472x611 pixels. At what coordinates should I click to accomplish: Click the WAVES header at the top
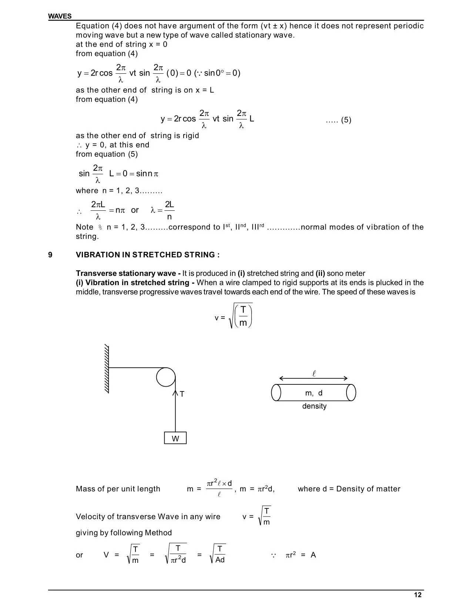[x=60, y=16]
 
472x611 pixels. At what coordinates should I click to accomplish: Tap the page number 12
[x=418, y=595]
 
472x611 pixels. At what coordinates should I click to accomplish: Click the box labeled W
[x=175, y=438]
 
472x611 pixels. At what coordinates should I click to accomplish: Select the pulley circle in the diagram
[x=165, y=377]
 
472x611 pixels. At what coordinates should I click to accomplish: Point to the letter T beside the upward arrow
[x=182, y=394]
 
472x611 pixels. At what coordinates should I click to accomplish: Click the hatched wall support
[x=107, y=369]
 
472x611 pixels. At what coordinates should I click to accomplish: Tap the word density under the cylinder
[x=314, y=406]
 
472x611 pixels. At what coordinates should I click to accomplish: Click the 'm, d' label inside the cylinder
[x=314, y=393]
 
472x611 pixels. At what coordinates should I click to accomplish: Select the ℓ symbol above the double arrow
[x=314, y=374]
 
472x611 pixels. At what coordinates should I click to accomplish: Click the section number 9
[x=50, y=255]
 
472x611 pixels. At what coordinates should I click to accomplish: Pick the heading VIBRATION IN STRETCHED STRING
[x=148, y=255]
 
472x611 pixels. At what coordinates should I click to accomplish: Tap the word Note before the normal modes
[x=84, y=227]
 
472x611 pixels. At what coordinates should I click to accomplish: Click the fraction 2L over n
[x=169, y=210]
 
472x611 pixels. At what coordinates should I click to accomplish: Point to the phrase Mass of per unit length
[x=118, y=489]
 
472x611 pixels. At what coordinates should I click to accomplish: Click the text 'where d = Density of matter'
[x=349, y=489]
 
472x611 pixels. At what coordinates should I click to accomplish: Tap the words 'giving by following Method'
[x=124, y=532]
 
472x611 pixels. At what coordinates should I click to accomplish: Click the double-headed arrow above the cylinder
[x=314, y=378]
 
